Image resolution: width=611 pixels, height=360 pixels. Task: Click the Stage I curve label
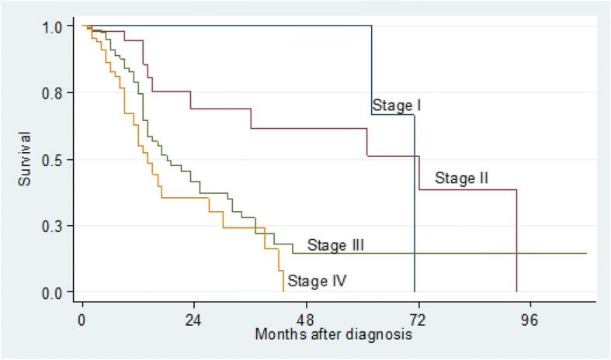tap(396, 106)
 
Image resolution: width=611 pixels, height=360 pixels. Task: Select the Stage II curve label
tap(461, 178)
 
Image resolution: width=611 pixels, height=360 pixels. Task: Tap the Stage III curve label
tap(336, 245)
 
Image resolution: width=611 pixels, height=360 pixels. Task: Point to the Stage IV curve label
tap(316, 281)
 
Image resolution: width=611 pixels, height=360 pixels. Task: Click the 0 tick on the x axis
tap(82, 319)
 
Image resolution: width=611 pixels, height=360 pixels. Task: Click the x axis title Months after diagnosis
tap(334, 335)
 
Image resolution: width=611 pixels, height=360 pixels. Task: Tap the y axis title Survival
tap(26, 159)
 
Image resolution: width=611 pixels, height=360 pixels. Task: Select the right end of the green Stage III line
tap(586, 253)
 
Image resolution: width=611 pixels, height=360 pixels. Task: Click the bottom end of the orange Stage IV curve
tap(283, 291)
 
